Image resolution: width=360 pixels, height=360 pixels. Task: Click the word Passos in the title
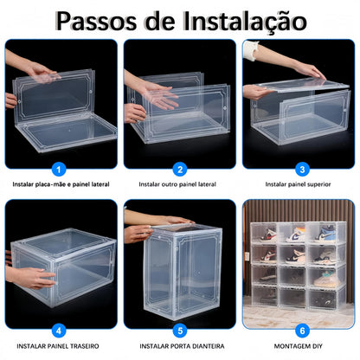coord(96,21)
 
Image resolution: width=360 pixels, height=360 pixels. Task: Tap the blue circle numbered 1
coord(59,170)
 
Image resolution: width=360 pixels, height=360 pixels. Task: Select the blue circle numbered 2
coord(180,170)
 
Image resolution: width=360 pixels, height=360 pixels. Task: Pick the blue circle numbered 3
coord(302,170)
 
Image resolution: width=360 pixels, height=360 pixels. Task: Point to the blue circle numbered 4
coord(59,331)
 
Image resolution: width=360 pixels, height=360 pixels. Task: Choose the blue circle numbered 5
coord(180,331)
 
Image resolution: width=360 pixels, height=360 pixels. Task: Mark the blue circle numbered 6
coord(302,331)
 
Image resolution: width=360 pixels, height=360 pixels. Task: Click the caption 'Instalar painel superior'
coord(298,184)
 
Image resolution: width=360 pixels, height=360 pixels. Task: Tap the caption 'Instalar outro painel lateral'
coord(177,184)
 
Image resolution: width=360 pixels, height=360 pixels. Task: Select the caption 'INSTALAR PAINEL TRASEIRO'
coord(58,346)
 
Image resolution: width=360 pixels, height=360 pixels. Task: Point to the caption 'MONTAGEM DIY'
coord(299,346)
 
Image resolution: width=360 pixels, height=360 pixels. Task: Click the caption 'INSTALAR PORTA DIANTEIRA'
coord(182,346)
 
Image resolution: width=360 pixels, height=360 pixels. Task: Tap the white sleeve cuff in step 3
coord(251,50)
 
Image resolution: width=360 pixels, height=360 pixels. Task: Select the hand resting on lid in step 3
coord(310,71)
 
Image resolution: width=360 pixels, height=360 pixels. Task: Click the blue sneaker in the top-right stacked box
coord(326,234)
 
